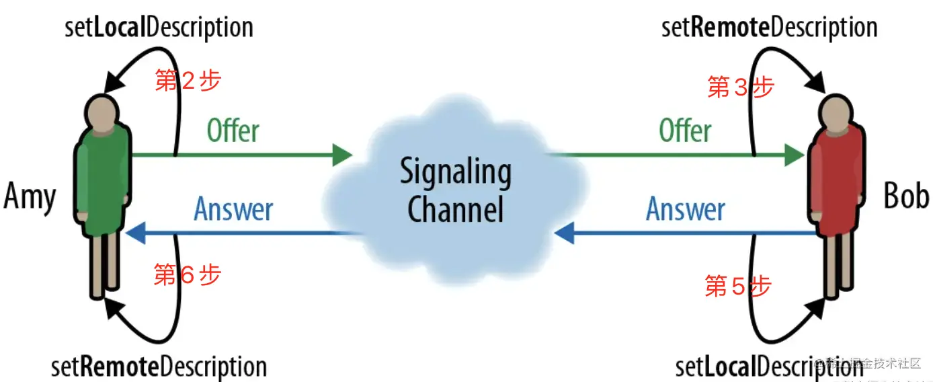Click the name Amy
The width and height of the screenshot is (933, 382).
[x=30, y=198]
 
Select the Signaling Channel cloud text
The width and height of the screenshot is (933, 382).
[x=456, y=190]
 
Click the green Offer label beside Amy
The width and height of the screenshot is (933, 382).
[x=233, y=130]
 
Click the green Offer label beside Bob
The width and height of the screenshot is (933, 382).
[x=685, y=130]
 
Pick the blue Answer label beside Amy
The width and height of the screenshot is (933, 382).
[x=233, y=209]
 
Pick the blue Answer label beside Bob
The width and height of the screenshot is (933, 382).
[x=686, y=209]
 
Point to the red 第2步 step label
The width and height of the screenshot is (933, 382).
[x=188, y=81]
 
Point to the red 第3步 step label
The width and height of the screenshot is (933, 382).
[x=741, y=87]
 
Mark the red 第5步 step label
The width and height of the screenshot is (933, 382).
[x=737, y=286]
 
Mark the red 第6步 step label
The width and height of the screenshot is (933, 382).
[x=187, y=274]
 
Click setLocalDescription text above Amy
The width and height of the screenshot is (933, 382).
[x=159, y=28]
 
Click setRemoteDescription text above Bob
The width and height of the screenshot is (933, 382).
[x=770, y=28]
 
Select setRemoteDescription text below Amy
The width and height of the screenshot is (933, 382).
[x=159, y=367]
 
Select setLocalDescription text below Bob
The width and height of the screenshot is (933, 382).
[x=769, y=367]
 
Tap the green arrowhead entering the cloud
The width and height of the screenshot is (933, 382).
[x=343, y=155]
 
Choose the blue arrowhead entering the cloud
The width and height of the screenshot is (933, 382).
[x=563, y=233]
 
